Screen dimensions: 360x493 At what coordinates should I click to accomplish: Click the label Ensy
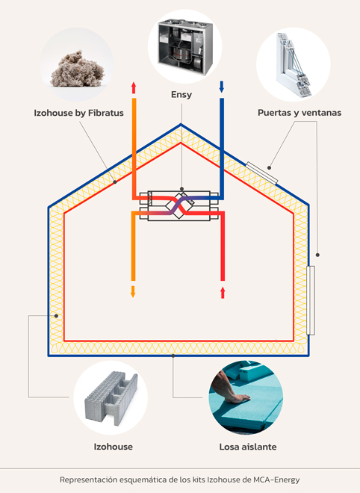point(181,95)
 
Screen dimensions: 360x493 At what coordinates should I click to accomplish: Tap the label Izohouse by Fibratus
point(78,113)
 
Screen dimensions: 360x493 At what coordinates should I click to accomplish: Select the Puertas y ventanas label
point(300,113)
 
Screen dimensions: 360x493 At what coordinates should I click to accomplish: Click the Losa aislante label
point(248,447)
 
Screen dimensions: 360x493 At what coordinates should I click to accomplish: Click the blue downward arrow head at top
point(222,87)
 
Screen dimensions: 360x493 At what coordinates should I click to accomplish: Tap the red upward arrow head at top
point(134,87)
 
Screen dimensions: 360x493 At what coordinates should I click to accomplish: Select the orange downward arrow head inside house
point(133,291)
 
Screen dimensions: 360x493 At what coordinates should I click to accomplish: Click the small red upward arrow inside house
point(223,293)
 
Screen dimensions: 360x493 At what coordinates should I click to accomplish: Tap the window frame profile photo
point(294,64)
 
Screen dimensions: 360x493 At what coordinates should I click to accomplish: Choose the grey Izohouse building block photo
point(111,398)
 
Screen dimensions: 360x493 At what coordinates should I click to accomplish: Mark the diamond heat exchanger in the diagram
point(180,205)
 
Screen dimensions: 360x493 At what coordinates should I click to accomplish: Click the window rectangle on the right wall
point(311,300)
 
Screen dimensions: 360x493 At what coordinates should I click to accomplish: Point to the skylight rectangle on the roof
point(261,173)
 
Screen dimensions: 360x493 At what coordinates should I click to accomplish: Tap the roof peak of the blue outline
point(181,125)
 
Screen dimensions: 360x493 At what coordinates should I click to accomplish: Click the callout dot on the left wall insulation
point(56,315)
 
